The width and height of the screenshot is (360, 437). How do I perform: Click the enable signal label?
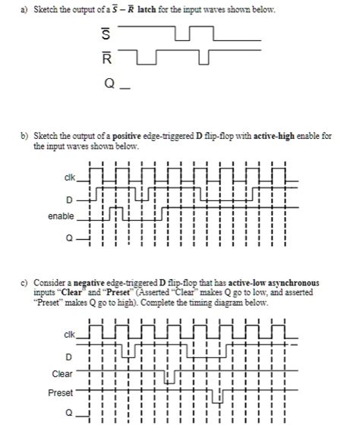coord(62,216)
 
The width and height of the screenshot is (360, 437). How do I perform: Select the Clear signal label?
coord(63,374)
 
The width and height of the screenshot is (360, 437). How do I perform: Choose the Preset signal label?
coord(62,393)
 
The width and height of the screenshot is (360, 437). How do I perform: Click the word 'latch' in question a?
coord(148,8)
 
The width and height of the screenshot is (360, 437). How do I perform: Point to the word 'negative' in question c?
coord(84,282)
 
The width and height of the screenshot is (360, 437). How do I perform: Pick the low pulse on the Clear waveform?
coord(170,377)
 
